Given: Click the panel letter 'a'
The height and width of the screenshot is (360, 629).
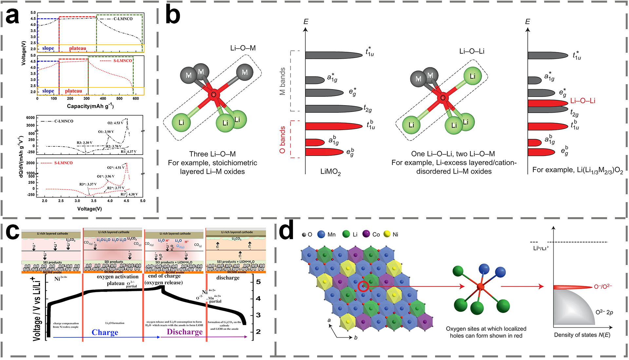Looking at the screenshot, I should pos(12,16).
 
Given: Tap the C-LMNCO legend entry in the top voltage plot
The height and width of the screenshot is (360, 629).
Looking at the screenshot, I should pos(123,19).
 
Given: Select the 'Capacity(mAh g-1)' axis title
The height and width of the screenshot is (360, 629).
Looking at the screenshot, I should pos(90,106).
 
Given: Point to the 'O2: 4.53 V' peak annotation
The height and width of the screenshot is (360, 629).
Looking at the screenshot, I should pos(115,123).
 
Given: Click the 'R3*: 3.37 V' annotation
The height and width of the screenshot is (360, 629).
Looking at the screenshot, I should pos(88,184).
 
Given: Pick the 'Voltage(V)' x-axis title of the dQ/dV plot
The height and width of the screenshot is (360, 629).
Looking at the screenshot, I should pos(89,209).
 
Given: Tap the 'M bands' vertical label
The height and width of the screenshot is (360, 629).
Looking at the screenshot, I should pos(282,81).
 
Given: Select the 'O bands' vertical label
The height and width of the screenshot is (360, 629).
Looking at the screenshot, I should pos(282,140).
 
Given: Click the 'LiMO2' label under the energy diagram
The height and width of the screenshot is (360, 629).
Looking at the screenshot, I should pos(330,172).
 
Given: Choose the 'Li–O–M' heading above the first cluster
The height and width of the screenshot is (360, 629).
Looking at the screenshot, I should pos(243,48).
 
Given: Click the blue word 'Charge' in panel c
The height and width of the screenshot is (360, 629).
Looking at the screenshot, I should pos(105,332).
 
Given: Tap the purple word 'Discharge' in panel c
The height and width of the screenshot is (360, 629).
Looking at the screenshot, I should pos(185,332).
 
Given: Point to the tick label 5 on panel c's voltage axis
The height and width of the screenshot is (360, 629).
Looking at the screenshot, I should pos(258,282).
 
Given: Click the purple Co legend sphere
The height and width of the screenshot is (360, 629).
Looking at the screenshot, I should pos(366,234).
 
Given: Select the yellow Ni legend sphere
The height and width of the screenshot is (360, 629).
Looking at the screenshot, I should pos(387,234).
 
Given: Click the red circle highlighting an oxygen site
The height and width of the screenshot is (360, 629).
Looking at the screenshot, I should pos(363,287).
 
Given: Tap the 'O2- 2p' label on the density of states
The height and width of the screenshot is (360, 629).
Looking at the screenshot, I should pos(604,312).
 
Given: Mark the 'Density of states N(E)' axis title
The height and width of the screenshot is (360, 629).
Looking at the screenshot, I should pos(582,335).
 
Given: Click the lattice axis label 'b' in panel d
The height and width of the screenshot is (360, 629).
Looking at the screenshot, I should pos(355,337).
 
